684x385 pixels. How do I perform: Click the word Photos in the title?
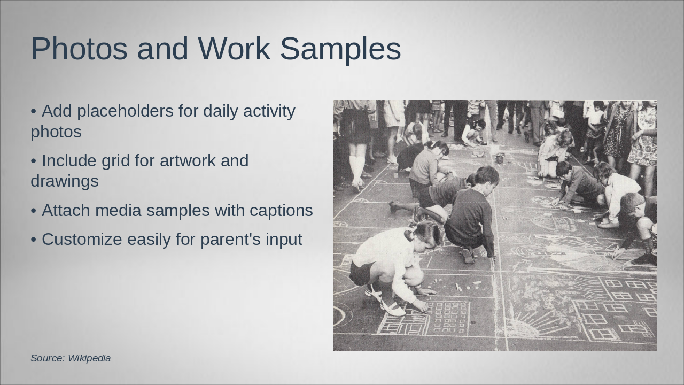pyautogui.click(x=79, y=49)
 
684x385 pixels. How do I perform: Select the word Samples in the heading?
pyautogui.click(x=340, y=49)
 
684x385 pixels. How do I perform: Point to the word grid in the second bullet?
pyautogui.click(x=116, y=160)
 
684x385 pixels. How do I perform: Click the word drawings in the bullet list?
pyautogui.click(x=65, y=181)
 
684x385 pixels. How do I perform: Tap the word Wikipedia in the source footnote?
pyautogui.click(x=89, y=358)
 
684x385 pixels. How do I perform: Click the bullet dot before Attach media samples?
pyautogui.click(x=33, y=211)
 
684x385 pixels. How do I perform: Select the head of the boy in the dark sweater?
pyautogui.click(x=486, y=176)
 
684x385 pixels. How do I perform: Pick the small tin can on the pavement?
pyautogui.click(x=500, y=158)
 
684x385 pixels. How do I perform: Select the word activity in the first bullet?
pyautogui.click(x=269, y=111)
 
